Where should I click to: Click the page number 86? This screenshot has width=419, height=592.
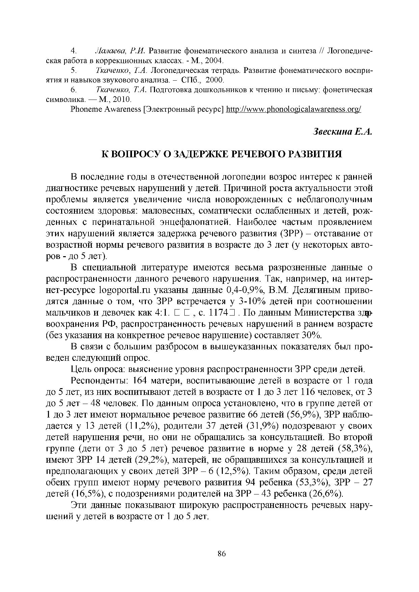point(221,554)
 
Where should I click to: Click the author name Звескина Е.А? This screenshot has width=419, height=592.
point(343,132)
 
